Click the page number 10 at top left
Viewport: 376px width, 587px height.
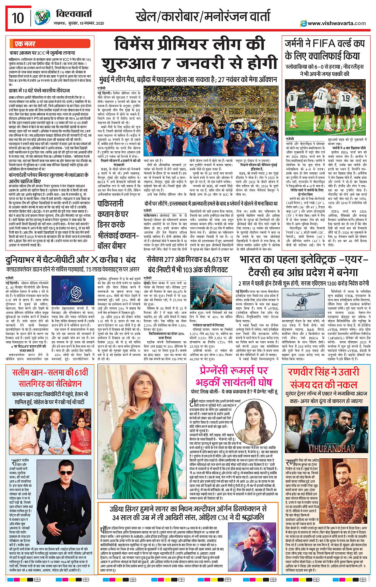[x=18, y=18]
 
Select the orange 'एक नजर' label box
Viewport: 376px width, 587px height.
[x=25, y=44]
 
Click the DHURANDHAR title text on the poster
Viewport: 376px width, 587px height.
[x=326, y=448]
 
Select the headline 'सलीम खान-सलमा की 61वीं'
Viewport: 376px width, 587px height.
[x=50, y=373]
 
